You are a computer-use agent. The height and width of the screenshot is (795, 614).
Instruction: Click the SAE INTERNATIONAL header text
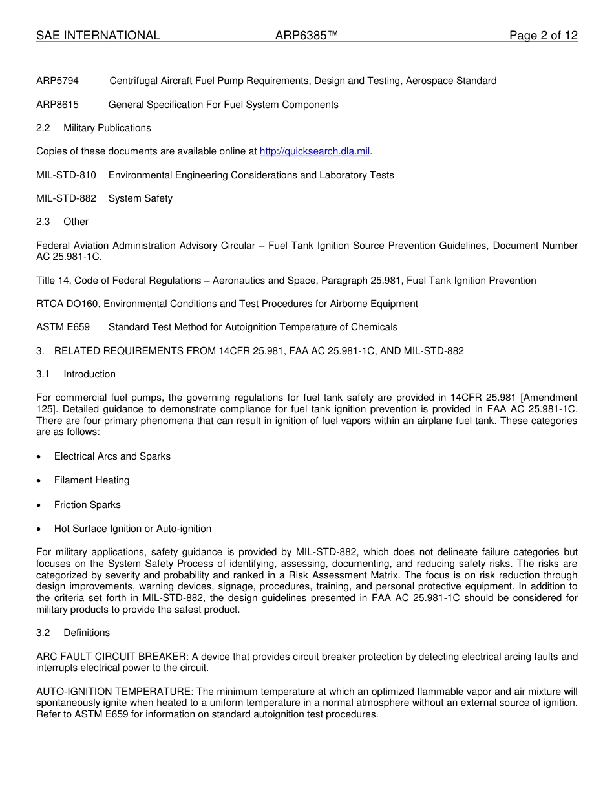click(98, 36)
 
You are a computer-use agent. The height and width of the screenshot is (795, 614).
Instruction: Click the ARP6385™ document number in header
click(306, 36)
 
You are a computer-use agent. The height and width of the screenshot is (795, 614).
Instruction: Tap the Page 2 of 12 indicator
click(543, 36)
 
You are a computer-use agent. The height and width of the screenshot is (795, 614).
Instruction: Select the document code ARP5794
click(58, 81)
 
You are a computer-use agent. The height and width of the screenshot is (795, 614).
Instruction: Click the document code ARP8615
click(58, 105)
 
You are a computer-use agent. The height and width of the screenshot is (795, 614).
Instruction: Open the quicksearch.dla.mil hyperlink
click(314, 151)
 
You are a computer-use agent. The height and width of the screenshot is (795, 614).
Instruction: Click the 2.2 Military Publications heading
click(94, 128)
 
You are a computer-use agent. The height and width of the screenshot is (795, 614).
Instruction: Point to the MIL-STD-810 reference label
click(66, 175)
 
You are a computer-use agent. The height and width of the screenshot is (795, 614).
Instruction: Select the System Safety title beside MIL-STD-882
click(140, 198)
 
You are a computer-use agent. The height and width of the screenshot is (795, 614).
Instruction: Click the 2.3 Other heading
click(63, 222)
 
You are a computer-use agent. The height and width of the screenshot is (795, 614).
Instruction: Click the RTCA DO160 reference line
click(227, 304)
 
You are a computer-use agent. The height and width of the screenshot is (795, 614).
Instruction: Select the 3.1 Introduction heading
click(76, 374)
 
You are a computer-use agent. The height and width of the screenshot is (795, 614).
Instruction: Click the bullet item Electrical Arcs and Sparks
click(112, 456)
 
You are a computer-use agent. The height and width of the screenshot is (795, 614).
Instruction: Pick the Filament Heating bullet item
click(92, 480)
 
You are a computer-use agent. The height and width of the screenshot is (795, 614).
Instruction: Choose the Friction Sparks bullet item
click(87, 505)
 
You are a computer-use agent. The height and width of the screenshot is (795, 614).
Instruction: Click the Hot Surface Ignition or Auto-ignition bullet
click(132, 529)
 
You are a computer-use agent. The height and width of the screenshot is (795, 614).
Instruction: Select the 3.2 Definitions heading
click(73, 633)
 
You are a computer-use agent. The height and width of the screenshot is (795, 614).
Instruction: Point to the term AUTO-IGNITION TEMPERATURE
click(111, 692)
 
